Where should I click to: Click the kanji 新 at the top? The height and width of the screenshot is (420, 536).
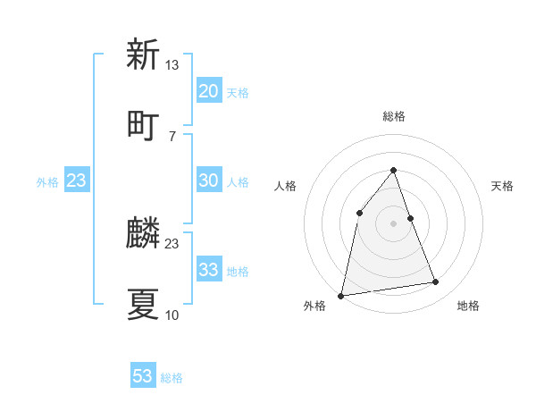coord(143,55)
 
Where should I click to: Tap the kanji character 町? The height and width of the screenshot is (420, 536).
coord(143,124)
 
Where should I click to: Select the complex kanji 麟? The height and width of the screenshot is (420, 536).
coord(143,233)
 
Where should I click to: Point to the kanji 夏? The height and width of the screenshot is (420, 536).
coord(143,304)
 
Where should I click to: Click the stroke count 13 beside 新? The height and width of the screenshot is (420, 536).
coord(172,65)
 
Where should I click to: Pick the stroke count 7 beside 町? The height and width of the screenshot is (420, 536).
coord(172,136)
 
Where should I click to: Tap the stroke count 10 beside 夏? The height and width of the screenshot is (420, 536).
coord(172,315)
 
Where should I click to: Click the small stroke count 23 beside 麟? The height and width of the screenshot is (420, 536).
coord(172,244)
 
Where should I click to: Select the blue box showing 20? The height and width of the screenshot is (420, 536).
coord(208,91)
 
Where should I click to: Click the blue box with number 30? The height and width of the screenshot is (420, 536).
coord(208,181)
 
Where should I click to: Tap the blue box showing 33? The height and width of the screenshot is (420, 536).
coord(208,270)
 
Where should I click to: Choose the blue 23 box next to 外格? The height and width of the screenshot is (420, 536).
coord(77,181)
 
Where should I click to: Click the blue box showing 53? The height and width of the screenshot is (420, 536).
coord(143,376)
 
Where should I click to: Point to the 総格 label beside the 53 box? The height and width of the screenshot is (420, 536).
coord(172,378)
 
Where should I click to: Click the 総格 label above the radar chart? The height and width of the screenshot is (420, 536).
coord(394,116)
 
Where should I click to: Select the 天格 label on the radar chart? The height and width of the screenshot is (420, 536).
coord(503,186)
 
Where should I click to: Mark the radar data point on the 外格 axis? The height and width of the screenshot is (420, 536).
coord(341,295)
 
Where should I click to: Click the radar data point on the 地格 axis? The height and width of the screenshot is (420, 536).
coord(436,282)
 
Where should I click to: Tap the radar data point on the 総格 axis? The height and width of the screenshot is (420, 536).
coord(394,170)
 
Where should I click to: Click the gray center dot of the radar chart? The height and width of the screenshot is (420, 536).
coord(394,223)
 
